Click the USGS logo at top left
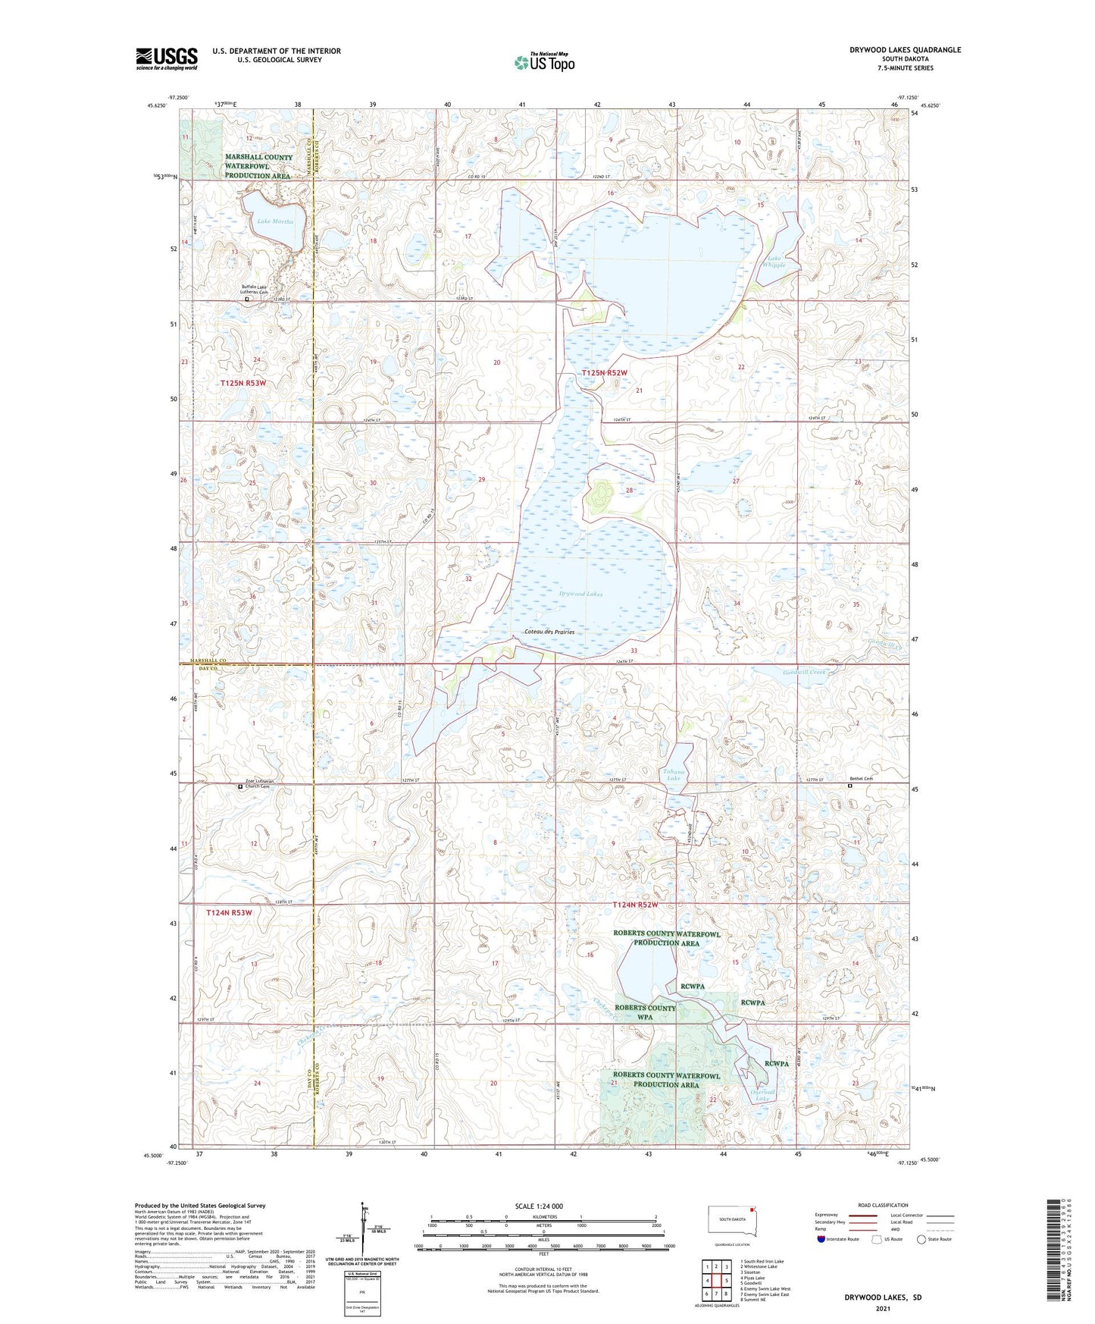pyautogui.click(x=166, y=58)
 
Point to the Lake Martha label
pyautogui.click(x=274, y=221)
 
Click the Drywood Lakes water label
pyautogui.click(x=581, y=595)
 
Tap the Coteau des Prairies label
pyautogui.click(x=549, y=632)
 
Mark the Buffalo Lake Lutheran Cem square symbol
pyautogui.click(x=246, y=300)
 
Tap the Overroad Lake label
pyautogui.click(x=762, y=1096)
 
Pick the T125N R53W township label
pyautogui.click(x=243, y=384)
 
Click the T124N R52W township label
pyautogui.click(x=634, y=905)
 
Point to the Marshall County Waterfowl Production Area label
pyautogui.click(x=258, y=166)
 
